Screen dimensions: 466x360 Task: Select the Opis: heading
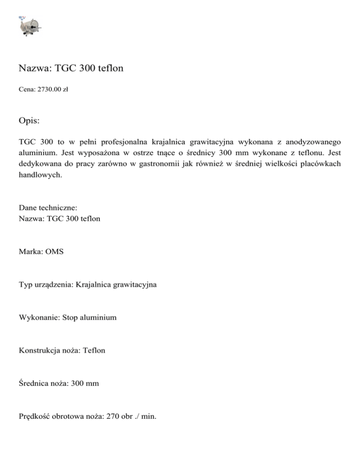pos(30,120)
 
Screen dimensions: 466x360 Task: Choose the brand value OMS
pos(54,252)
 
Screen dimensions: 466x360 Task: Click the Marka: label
pos(31,252)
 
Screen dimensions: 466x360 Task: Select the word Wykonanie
pos(39,318)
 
